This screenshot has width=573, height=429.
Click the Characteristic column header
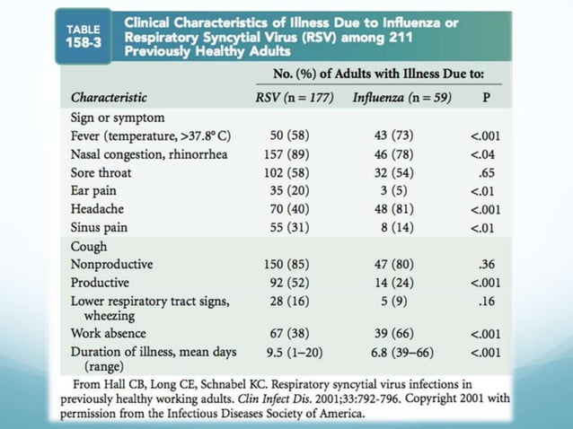(109, 97)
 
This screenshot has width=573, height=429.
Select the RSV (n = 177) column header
(296, 97)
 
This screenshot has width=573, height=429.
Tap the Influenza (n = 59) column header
(401, 97)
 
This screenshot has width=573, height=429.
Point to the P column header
(487, 97)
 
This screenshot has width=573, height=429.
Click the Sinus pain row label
(99, 227)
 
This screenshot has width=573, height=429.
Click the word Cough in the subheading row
(89, 246)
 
